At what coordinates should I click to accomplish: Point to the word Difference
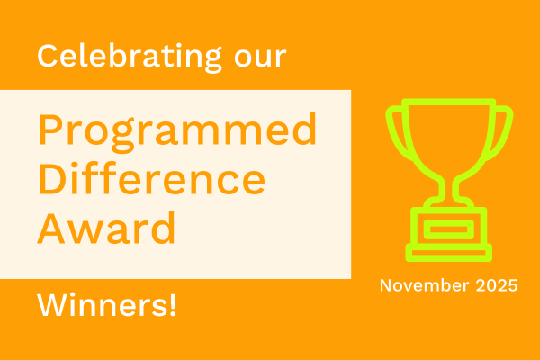coord(151,182)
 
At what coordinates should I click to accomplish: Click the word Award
coord(106,229)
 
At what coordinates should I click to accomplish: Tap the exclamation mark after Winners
coord(172,307)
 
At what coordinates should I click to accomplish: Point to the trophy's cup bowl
coord(448,135)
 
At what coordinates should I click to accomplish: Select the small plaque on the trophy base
coord(448,229)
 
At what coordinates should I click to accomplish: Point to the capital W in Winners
coord(52,307)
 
